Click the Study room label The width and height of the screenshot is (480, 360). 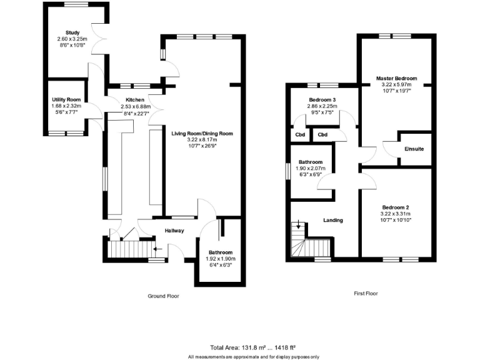pos(73,32)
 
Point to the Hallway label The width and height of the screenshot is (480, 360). pos(174,231)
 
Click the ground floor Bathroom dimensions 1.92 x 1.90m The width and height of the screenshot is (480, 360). pos(221,259)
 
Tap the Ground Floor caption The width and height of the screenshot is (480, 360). pos(163,296)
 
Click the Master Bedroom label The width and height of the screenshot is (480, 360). pos(396,78)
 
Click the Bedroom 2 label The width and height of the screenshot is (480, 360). pos(396,207)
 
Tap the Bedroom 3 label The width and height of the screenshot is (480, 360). pos(322,100)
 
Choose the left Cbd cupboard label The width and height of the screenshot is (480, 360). pos(301,134)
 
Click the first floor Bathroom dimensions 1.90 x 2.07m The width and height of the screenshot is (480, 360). pos(310,168)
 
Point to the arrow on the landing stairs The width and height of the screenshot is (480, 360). pos(299,224)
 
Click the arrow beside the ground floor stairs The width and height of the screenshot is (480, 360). pos(156,249)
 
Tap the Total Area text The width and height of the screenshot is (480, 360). pos(252,347)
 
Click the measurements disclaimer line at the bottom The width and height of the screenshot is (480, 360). pos(253,356)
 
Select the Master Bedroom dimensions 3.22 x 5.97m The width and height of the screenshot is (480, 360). pos(396,84)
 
